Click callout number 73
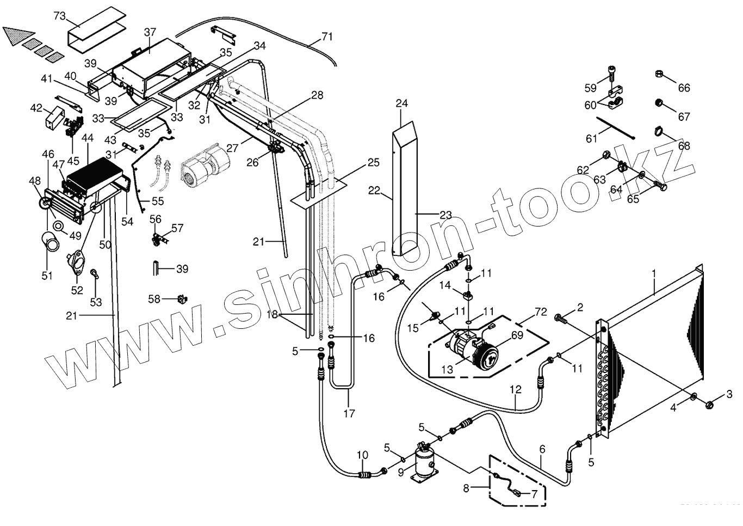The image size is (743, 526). (59, 16)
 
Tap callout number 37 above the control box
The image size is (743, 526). (150, 33)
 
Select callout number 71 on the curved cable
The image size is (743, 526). (326, 37)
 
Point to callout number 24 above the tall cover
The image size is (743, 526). (401, 103)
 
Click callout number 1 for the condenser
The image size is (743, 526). (654, 271)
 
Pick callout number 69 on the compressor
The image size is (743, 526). (517, 335)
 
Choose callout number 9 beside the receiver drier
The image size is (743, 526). (401, 473)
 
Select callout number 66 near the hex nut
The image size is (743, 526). (683, 87)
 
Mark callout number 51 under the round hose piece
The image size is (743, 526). (47, 276)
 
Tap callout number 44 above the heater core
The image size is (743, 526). (88, 139)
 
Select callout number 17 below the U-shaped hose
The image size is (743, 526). (349, 413)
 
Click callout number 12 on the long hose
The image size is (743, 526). (516, 389)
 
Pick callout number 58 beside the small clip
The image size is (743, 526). (155, 299)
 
